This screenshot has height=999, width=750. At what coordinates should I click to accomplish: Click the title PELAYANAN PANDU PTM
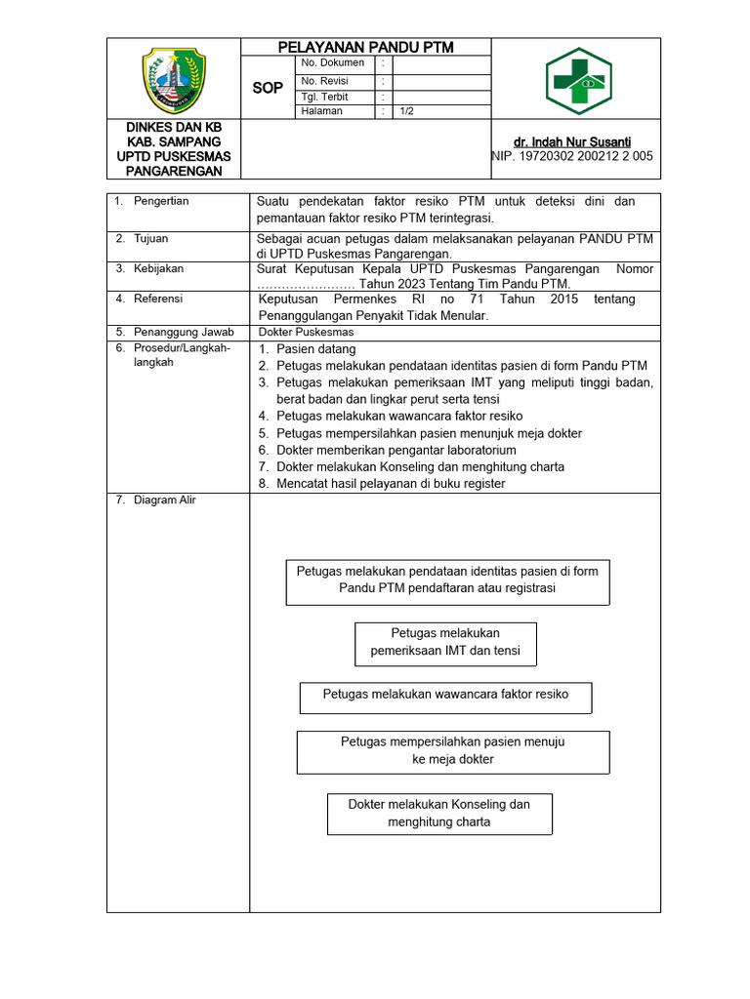tap(366, 47)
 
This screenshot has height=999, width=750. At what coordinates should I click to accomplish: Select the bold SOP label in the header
tap(268, 88)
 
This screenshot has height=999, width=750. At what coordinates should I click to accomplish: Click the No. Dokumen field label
tap(333, 63)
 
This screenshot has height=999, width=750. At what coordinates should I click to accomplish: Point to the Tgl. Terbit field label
tap(325, 98)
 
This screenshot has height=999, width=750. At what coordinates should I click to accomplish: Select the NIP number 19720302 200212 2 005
tap(573, 156)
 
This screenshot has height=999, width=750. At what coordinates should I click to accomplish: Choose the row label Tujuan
tap(151, 238)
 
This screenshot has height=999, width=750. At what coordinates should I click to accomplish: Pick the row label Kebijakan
tap(158, 268)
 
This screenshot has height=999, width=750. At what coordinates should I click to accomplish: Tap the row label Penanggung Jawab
tap(184, 332)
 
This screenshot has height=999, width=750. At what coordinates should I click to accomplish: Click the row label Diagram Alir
tap(165, 500)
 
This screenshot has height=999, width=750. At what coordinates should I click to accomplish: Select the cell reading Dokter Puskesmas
tap(305, 332)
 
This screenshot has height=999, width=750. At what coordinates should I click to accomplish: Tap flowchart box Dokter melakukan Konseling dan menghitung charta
tap(439, 814)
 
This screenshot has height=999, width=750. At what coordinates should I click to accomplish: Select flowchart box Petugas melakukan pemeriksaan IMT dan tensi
tap(445, 643)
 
